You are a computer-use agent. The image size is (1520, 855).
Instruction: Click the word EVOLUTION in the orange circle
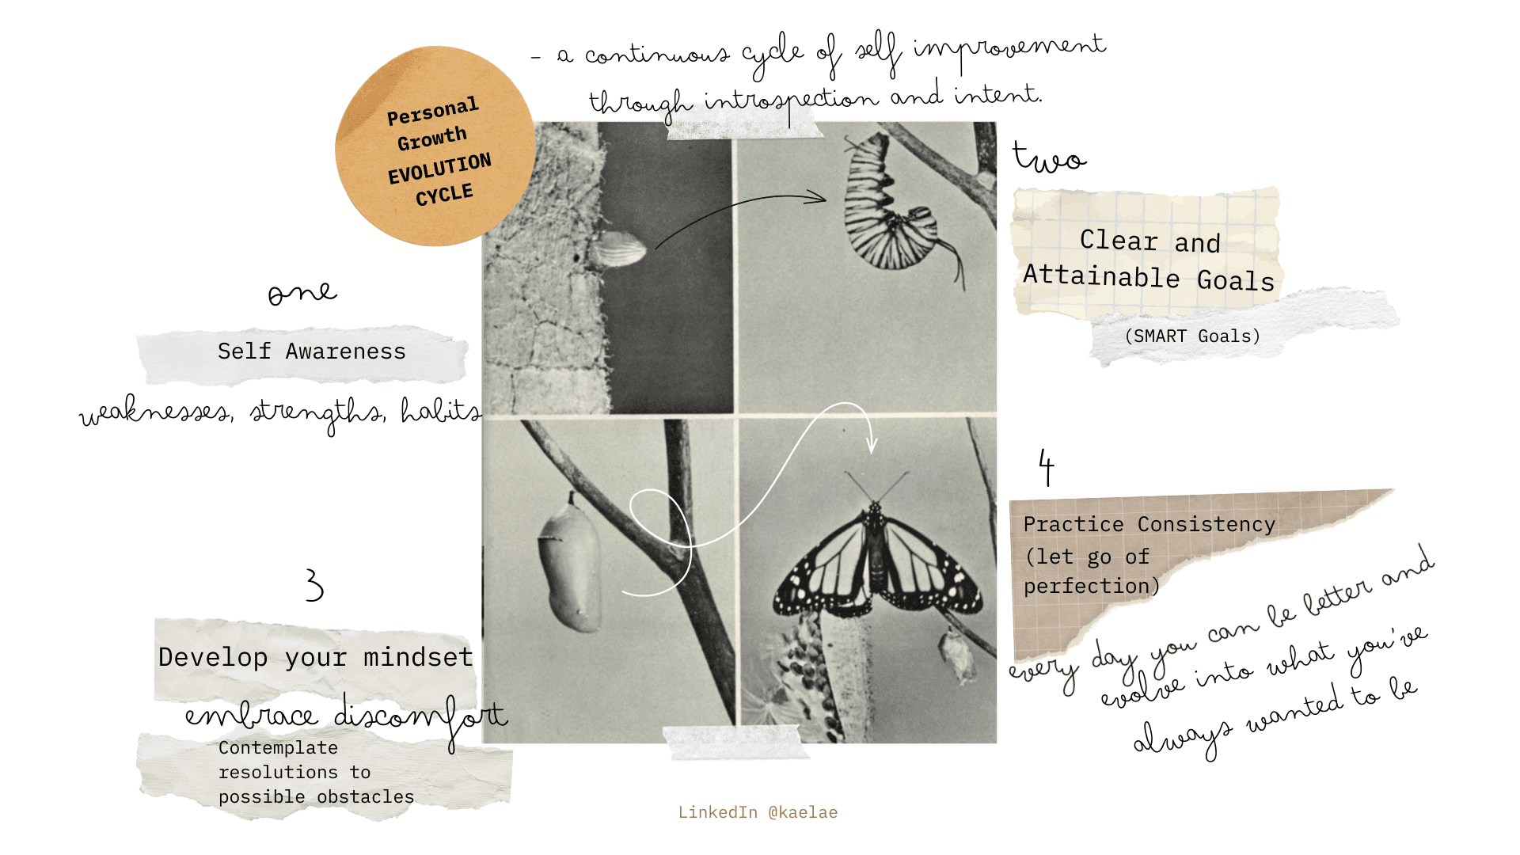(439, 169)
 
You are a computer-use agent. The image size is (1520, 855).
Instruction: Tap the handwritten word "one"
(302, 292)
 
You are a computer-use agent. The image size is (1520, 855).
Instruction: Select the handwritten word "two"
(1050, 157)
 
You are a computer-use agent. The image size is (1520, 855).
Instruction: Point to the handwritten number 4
(1047, 466)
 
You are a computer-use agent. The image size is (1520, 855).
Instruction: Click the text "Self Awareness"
(312, 351)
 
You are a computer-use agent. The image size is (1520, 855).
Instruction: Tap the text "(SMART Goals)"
(1192, 336)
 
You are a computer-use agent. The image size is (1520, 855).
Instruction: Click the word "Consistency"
(1206, 524)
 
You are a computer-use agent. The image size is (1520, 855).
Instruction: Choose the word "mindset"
(418, 657)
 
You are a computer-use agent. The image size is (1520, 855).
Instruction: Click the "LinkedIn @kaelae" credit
(758, 812)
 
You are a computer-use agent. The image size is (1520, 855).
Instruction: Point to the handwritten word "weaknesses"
(156, 412)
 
